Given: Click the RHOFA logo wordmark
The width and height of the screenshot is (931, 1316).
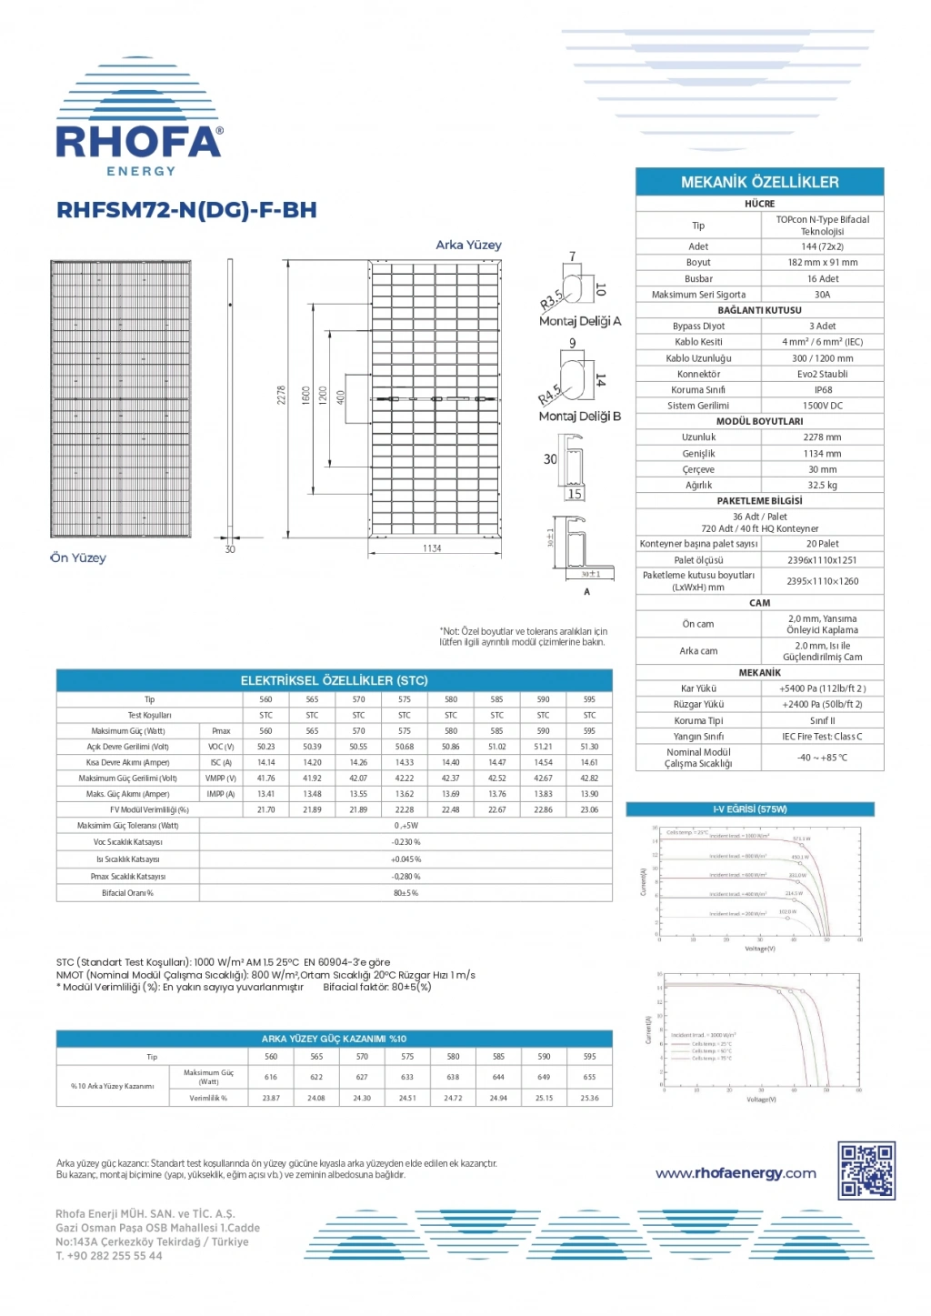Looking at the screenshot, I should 139,142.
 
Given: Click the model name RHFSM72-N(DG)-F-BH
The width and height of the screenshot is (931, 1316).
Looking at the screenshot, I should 186,210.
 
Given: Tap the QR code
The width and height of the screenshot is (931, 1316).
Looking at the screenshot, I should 866,1170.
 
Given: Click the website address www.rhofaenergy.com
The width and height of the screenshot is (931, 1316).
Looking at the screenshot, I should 736,1173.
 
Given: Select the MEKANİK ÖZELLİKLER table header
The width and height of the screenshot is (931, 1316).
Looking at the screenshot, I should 759,182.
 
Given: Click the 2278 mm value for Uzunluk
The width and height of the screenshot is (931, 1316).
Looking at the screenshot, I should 822,437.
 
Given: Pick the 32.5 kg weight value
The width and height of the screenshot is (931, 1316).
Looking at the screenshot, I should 822,486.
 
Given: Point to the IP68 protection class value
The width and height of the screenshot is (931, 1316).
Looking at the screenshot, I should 822,390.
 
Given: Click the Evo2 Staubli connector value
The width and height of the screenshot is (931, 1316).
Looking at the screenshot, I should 822,374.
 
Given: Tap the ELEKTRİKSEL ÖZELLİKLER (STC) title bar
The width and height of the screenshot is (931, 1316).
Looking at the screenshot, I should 334,680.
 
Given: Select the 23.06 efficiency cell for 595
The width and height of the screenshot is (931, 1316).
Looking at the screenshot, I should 589,809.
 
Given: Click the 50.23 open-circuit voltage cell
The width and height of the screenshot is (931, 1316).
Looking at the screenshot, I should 265,747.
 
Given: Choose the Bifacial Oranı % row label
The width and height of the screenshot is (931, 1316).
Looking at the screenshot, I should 127,893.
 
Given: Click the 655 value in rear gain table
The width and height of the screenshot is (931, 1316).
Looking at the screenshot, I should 589,1077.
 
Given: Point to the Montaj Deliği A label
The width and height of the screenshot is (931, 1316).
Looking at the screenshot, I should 580,321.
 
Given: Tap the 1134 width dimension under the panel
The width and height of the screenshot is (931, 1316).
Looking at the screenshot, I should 432,548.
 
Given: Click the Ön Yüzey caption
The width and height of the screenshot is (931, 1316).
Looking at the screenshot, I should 78,558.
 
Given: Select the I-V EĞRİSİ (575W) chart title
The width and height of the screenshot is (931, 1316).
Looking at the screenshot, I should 750,809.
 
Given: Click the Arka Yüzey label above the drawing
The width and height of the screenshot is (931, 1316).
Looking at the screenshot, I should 468,245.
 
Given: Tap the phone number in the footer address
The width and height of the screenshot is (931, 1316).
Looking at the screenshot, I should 109,1256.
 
